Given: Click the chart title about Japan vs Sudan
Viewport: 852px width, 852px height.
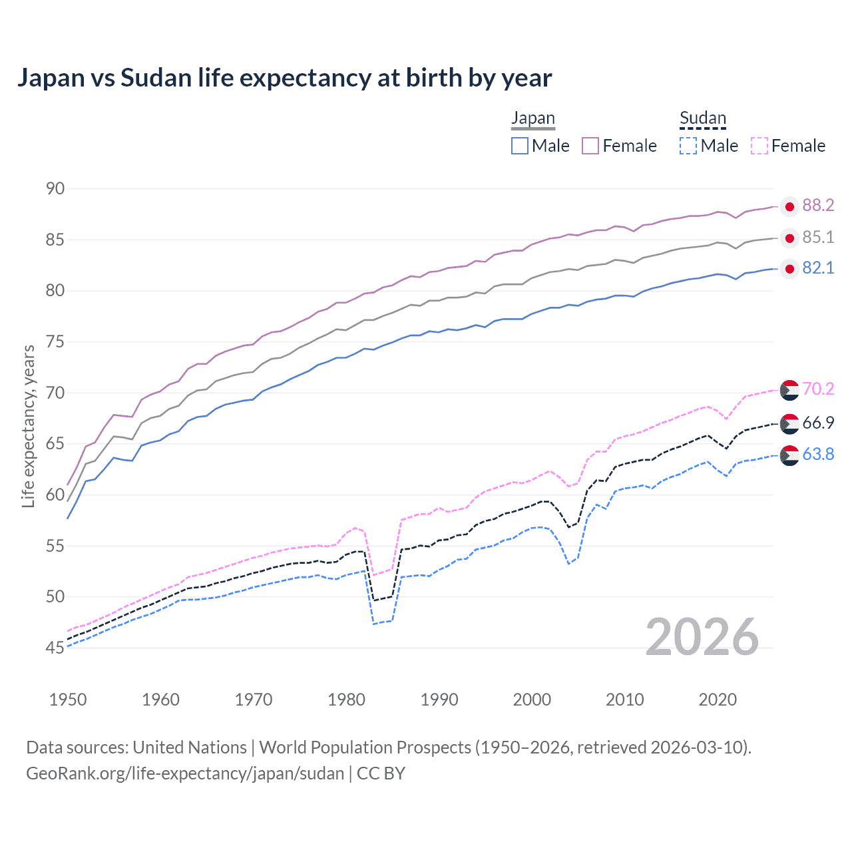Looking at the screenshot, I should pyautogui.click(x=284, y=78).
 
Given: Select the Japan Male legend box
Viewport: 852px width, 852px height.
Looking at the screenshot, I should pyautogui.click(x=520, y=146).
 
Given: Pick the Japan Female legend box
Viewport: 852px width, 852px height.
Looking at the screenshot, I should pyautogui.click(x=590, y=146).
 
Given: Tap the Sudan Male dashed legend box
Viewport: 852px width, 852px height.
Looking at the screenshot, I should pyautogui.click(x=688, y=146).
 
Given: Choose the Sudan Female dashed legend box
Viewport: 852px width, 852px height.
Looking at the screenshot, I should pyautogui.click(x=759, y=146).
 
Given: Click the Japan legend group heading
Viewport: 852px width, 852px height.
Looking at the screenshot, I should pyautogui.click(x=532, y=118).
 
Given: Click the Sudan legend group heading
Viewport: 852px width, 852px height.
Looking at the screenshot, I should pyautogui.click(x=702, y=118).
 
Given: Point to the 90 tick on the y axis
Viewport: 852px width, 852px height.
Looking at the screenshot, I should pyautogui.click(x=55, y=189).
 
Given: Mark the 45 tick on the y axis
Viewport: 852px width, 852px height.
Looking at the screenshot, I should pyautogui.click(x=55, y=648).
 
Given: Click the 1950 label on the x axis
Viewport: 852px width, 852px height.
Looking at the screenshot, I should pyautogui.click(x=68, y=700).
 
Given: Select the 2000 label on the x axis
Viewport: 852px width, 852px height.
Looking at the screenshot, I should pyautogui.click(x=532, y=700).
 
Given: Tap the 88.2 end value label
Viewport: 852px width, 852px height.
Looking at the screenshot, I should pyautogui.click(x=818, y=206).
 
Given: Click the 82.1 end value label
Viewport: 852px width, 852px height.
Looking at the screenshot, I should pyautogui.click(x=818, y=268).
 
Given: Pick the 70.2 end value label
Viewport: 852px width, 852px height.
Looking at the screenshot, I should pyautogui.click(x=818, y=389).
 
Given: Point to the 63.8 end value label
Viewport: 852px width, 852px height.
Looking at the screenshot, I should pyautogui.click(x=818, y=455).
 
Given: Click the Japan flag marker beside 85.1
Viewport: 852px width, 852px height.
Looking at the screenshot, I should pyautogui.click(x=789, y=238).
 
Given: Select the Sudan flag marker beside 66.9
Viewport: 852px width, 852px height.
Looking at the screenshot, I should pyautogui.click(x=789, y=423).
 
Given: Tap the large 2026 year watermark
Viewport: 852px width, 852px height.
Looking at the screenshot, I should pyautogui.click(x=702, y=637).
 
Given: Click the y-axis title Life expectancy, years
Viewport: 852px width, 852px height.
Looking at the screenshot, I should pyautogui.click(x=28, y=426).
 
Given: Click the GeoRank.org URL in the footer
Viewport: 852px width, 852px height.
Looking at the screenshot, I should pyautogui.click(x=185, y=773).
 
